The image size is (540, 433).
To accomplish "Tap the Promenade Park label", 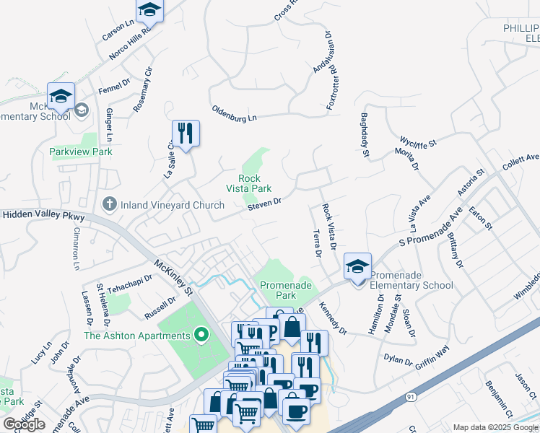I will [287, 290].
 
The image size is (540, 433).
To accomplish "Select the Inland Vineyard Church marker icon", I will [110, 205].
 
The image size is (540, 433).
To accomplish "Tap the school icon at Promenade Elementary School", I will [357, 267].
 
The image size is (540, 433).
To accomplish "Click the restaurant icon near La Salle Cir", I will [185, 134].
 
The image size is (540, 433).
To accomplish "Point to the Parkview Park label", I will [81, 152].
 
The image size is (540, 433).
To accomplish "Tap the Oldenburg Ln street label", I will [234, 113].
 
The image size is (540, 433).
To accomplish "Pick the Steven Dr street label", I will [264, 205].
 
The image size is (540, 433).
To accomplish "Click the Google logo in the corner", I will [24, 424].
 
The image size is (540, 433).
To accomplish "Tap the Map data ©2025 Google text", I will [495, 427].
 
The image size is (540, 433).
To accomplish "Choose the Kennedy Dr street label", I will [332, 318].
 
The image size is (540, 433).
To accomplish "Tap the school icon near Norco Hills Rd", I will [149, 9].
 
